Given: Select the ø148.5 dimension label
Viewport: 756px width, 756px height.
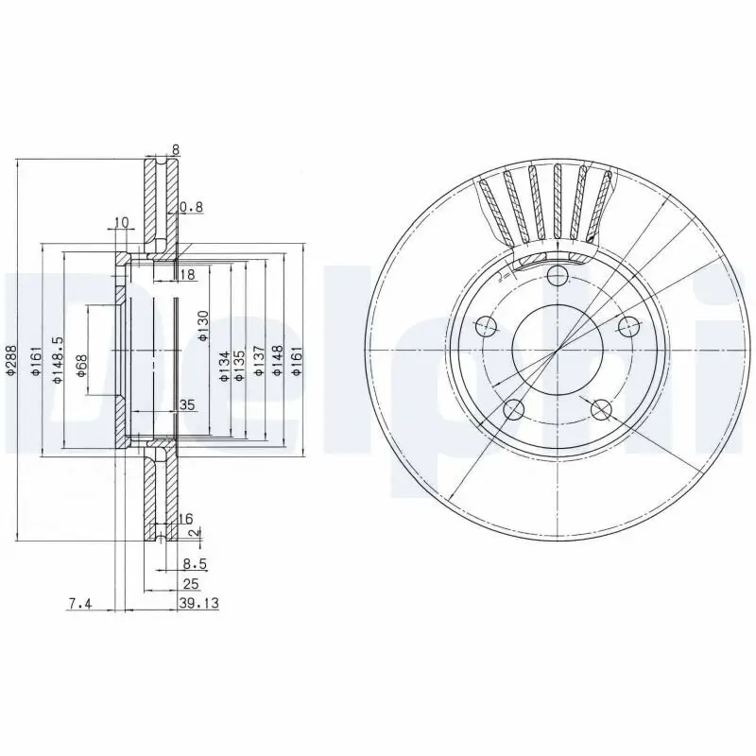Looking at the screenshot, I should tap(58, 358).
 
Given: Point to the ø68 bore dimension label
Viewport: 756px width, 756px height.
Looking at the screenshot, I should tap(82, 366).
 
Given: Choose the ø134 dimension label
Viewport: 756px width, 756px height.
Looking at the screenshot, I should tap(224, 366).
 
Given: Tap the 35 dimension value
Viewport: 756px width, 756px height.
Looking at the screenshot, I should tap(186, 405).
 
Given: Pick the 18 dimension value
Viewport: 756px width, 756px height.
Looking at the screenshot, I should tap(186, 274).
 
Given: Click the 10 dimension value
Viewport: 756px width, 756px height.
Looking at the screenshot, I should tap(120, 223).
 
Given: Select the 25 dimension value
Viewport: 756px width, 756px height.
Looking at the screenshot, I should tap(190, 584).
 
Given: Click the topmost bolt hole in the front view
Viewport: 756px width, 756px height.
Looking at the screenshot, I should tap(558, 275).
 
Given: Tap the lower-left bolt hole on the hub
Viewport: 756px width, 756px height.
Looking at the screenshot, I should tap(513, 410).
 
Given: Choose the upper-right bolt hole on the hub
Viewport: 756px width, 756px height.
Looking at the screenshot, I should tap(628, 326).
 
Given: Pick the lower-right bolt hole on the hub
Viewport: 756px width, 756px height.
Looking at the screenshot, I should tap(601, 409).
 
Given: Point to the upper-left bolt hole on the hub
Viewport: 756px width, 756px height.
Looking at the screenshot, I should tap(486, 327).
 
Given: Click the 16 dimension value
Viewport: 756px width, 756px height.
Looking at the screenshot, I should tap(185, 519).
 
